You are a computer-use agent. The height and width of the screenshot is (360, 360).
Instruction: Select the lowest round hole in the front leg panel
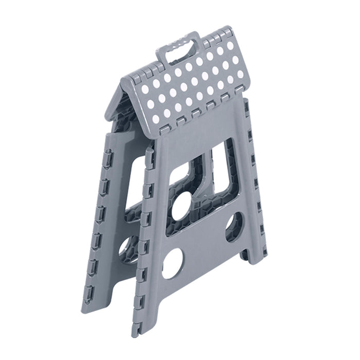(173, 267)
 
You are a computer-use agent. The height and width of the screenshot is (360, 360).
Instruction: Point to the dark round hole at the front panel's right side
(234, 227)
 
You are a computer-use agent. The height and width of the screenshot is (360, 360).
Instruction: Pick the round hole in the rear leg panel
(129, 249)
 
